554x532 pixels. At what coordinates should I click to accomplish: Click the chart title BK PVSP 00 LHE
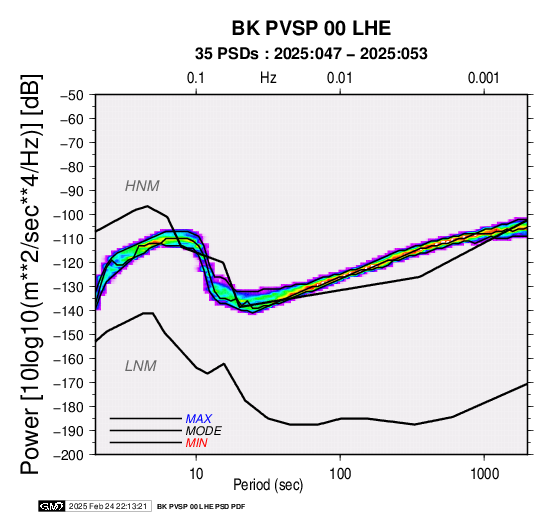coord(311,28)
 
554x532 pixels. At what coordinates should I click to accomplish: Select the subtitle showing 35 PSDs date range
coord(311,54)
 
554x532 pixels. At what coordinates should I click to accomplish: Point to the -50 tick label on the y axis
coord(71,95)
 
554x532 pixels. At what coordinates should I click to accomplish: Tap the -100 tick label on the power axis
coord(68,215)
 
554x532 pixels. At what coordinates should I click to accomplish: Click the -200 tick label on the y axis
coord(68,455)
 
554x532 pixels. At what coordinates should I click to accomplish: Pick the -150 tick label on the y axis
coord(68,335)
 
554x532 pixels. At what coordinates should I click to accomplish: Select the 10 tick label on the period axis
coord(196,474)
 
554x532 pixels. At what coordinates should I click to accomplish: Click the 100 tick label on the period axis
coord(340,474)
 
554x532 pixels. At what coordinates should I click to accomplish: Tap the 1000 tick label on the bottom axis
coord(484,474)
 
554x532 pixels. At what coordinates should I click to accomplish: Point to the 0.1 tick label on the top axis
coord(196,78)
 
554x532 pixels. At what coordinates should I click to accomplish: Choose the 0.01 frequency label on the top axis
coord(340,78)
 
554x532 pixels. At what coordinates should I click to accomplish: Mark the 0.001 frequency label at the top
coord(484,78)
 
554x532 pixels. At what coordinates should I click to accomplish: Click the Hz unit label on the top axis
coord(268,78)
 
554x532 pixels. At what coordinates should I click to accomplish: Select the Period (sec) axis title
coord(268,485)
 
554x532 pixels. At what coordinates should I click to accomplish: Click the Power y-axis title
coord(31,275)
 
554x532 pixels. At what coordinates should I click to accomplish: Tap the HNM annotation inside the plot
coord(142,186)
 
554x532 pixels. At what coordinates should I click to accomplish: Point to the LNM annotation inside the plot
coord(141,366)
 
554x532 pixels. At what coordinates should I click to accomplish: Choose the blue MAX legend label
coord(199,419)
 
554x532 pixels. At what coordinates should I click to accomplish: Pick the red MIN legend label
coord(196,443)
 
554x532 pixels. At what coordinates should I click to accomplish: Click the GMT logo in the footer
coord(52,506)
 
